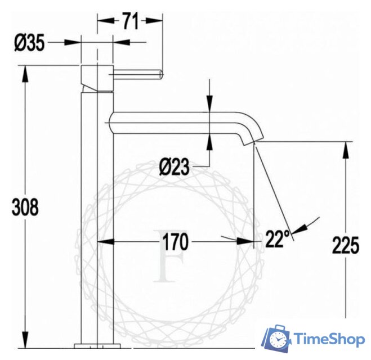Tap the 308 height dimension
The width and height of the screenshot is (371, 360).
pyautogui.click(x=25, y=207)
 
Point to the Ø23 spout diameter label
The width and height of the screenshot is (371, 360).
pyautogui.click(x=174, y=167)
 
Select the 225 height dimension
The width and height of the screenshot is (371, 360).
pyautogui.click(x=345, y=245)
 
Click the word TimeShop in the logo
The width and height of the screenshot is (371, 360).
pyautogui.click(x=329, y=339)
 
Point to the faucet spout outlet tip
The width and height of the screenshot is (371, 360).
pyautogui.click(x=252, y=141)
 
